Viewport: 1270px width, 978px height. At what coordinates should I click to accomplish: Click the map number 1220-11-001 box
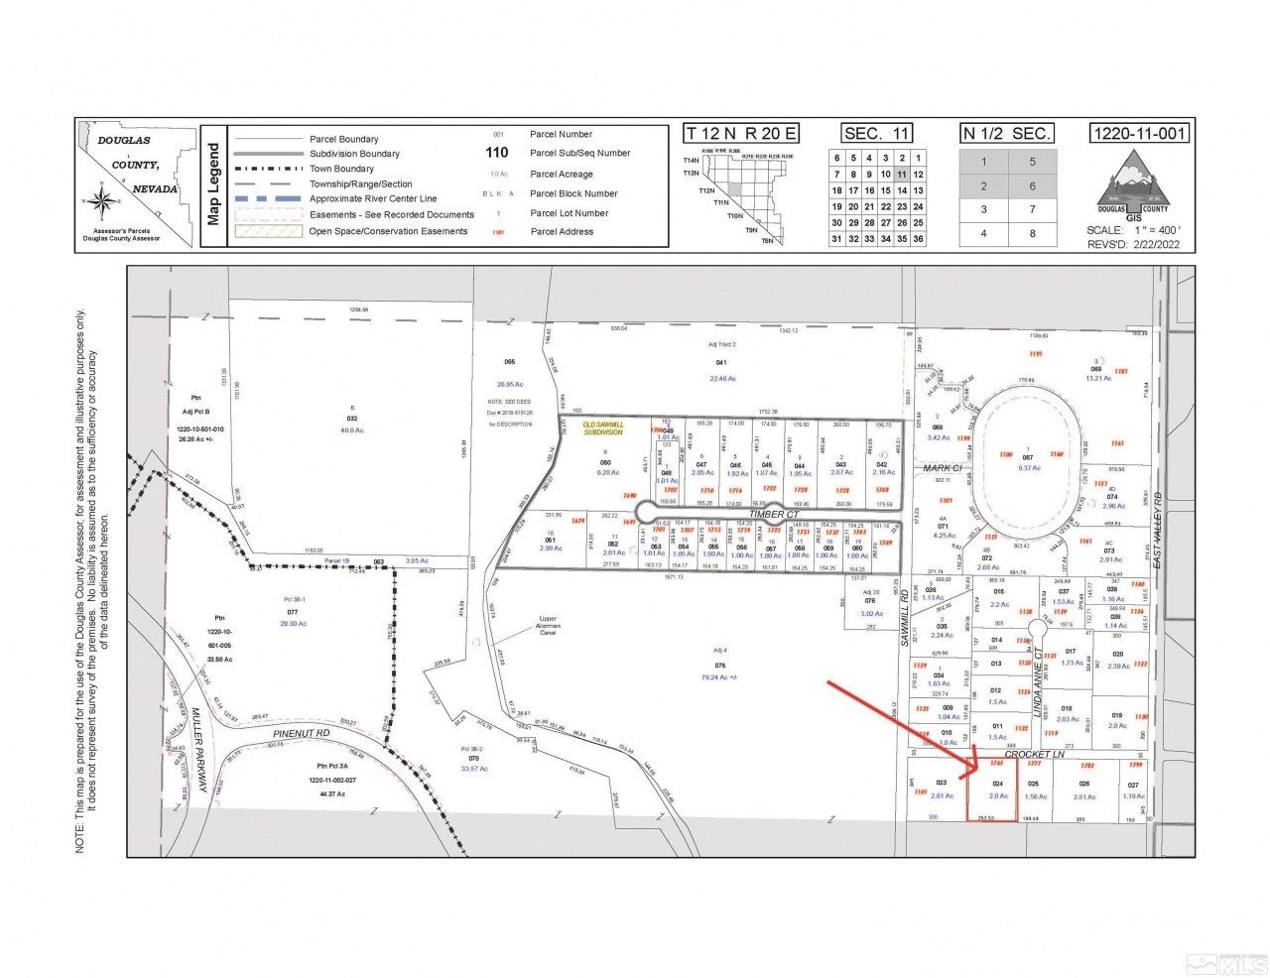point(1138,134)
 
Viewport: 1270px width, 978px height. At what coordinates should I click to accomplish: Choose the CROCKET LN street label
point(1034,755)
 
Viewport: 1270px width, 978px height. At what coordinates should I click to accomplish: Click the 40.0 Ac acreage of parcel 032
point(351,430)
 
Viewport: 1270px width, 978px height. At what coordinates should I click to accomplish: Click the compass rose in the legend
point(100,201)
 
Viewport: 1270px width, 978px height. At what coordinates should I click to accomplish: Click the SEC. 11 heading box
point(876,134)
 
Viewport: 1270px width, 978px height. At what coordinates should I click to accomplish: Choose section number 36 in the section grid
point(918,239)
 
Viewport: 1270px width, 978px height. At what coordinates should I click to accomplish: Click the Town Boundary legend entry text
point(341,169)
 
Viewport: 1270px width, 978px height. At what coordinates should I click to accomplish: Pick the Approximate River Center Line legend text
point(372,199)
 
